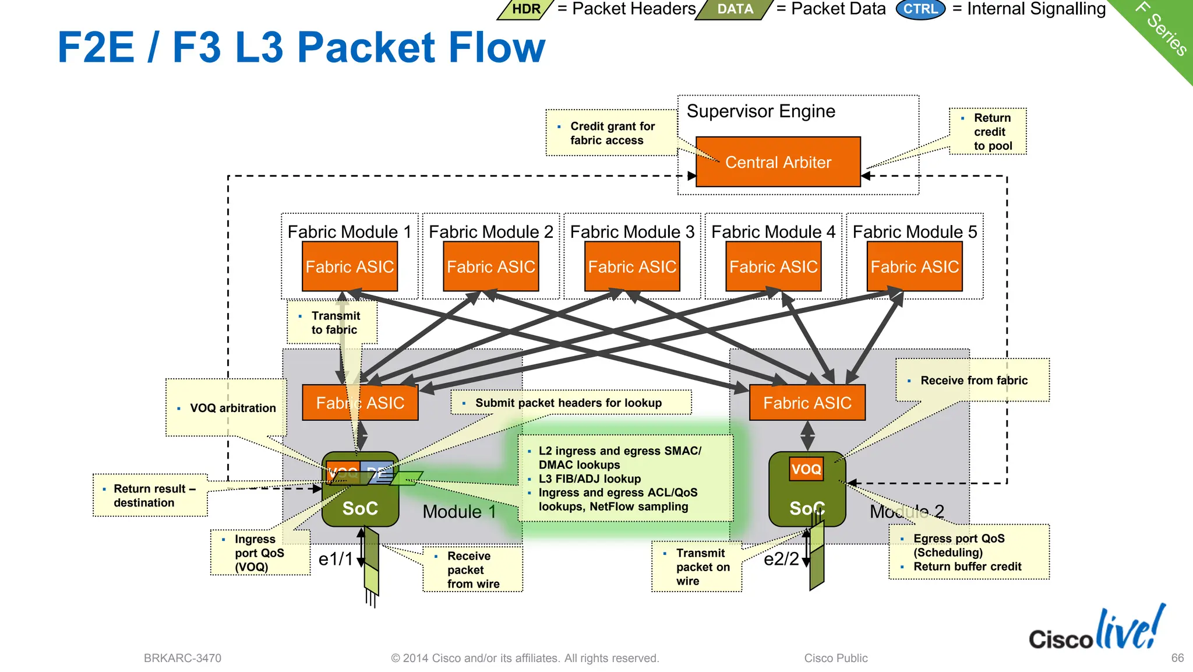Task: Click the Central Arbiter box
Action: [778, 162]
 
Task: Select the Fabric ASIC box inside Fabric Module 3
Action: [632, 267]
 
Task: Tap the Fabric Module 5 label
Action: [915, 231]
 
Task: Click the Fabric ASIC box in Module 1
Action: [360, 403]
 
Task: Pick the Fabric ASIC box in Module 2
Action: [807, 403]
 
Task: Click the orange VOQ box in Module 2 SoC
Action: [806, 469]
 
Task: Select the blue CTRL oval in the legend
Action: [920, 9]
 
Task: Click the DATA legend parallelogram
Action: [735, 9]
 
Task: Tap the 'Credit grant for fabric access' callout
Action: [612, 133]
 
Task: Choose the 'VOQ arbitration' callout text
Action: [232, 408]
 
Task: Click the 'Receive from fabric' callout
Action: [973, 380]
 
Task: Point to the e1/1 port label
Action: [336, 559]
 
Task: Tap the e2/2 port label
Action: [781, 559]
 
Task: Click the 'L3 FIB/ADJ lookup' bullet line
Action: [589, 479]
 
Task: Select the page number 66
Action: [1177, 657]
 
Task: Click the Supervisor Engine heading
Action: [760, 111]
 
